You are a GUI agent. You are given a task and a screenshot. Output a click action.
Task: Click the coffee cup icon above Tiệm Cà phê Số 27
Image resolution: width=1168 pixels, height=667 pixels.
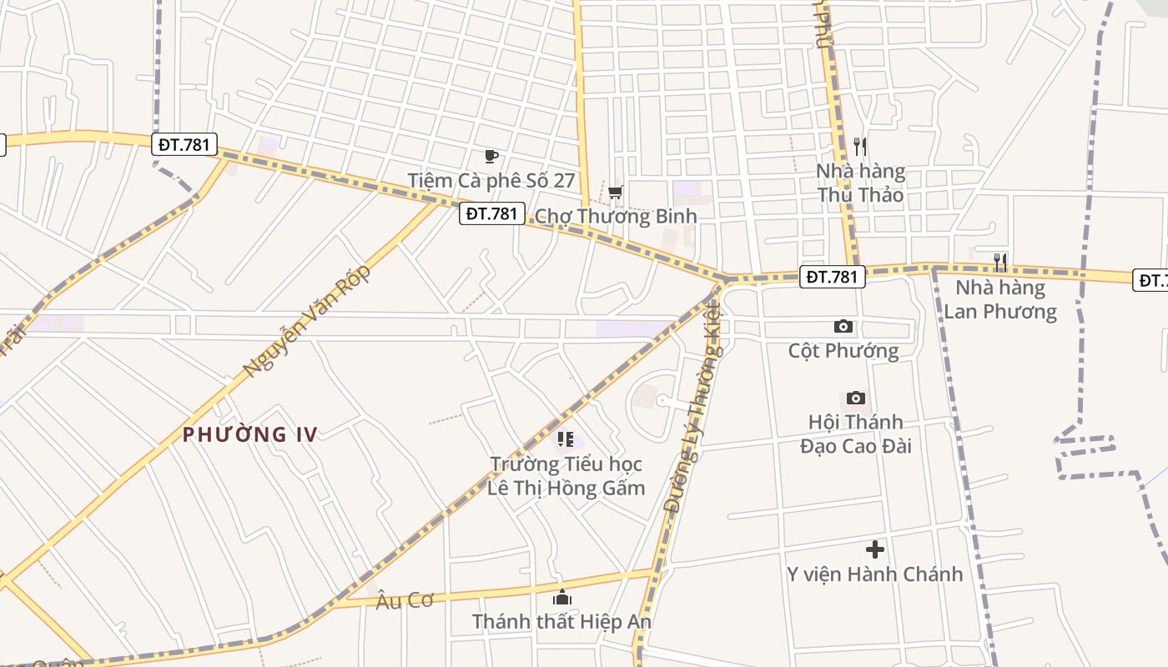tap(491, 156)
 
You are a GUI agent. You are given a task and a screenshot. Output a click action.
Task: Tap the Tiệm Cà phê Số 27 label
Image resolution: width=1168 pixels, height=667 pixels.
tap(491, 180)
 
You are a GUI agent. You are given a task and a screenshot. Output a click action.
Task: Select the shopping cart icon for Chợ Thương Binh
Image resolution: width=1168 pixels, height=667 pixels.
tap(615, 193)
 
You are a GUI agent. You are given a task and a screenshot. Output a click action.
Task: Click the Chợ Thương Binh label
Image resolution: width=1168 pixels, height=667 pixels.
tap(615, 216)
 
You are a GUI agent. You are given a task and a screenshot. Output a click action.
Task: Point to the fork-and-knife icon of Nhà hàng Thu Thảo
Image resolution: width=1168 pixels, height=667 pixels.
tap(860, 147)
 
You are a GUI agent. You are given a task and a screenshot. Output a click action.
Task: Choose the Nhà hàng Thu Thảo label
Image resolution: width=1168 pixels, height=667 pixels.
tap(860, 183)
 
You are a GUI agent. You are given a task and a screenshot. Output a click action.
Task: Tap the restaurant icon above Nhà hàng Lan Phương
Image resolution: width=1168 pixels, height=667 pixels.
tap(999, 263)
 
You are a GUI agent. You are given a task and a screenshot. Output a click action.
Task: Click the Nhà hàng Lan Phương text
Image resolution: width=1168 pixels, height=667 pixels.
tap(999, 299)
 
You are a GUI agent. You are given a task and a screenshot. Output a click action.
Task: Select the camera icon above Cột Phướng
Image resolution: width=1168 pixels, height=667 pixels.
tap(843, 327)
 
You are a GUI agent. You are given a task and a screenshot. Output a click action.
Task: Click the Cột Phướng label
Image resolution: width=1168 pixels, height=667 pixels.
tap(843, 350)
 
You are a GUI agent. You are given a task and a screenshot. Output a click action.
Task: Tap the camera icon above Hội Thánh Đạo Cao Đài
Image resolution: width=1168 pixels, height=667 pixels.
tap(855, 398)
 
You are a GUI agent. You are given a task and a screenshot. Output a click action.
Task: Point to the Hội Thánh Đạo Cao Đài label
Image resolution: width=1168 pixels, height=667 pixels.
tap(855, 434)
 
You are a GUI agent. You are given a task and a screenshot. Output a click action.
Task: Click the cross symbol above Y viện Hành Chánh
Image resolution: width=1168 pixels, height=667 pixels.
tap(874, 549)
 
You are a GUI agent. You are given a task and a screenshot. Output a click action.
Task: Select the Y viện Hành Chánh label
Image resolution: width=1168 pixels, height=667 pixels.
tap(874, 574)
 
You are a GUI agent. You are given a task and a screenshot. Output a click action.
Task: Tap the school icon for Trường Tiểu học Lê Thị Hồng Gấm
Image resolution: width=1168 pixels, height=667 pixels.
tap(565, 439)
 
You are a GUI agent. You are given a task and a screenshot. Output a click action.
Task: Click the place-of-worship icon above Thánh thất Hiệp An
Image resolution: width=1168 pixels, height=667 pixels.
tap(562, 597)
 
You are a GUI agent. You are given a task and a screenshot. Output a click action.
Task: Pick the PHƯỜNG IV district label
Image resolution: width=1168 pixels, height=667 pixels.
tap(250, 434)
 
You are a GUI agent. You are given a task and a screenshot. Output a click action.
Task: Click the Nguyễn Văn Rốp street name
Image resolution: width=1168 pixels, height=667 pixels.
tap(306, 322)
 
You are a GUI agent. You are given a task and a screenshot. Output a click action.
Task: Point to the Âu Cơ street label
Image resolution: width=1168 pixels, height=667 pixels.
tap(404, 600)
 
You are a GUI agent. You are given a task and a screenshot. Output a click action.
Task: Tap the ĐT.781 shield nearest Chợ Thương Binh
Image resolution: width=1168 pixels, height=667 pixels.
tap(491, 213)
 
